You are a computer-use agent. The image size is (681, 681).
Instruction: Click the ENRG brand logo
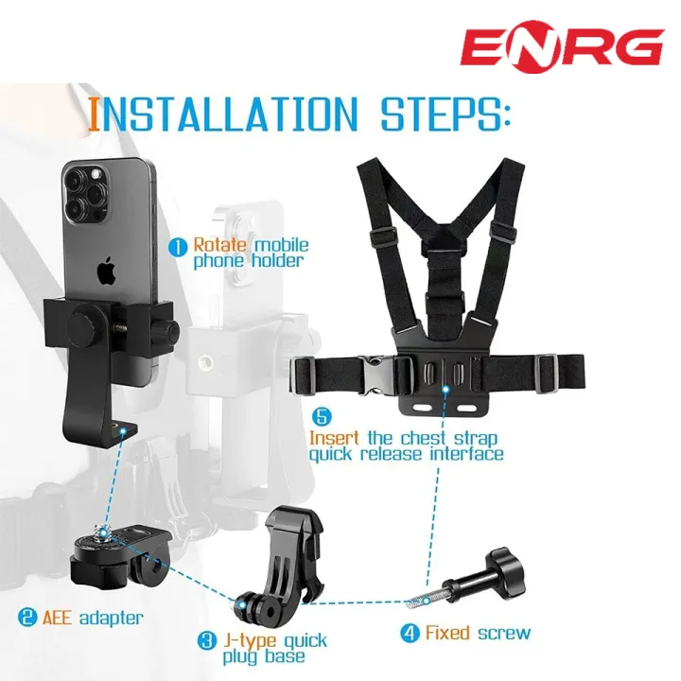pos(563,47)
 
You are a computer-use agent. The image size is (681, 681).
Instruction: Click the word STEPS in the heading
pos(445,114)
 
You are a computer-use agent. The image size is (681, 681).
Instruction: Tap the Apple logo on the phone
pos(106,271)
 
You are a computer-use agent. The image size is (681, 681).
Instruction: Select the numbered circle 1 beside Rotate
pos(178,248)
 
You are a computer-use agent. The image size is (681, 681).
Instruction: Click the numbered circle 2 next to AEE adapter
pos(27,617)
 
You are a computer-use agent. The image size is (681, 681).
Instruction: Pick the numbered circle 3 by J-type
pos(207,640)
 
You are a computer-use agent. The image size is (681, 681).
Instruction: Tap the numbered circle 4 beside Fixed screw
pos(410,633)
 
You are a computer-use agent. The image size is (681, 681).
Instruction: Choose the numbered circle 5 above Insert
pos(322,417)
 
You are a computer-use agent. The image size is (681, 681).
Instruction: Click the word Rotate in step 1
pos(220,245)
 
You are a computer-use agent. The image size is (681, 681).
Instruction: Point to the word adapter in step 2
pos(112,618)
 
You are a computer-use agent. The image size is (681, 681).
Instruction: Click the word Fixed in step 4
pos(447,633)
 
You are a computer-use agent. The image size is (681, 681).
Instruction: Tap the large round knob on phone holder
pos(85,325)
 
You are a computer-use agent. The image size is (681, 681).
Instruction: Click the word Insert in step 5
pos(334,438)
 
